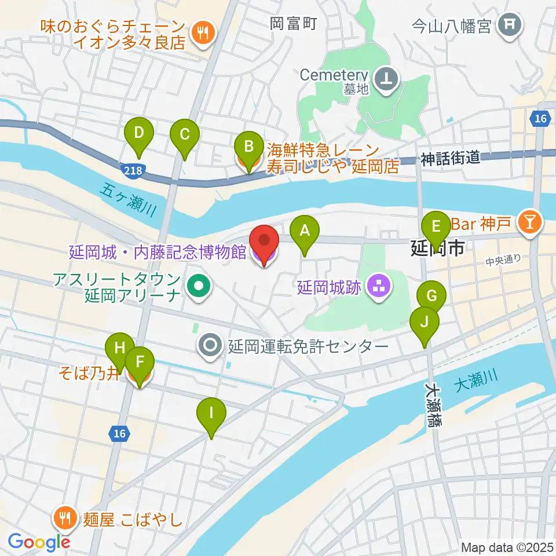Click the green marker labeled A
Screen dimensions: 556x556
(x=305, y=232)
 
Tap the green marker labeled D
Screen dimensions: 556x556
(x=139, y=134)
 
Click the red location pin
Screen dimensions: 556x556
(x=264, y=243)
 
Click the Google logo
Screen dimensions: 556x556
(x=39, y=542)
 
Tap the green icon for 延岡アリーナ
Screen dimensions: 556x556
(x=198, y=286)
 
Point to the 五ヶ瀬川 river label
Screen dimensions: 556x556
(x=129, y=200)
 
